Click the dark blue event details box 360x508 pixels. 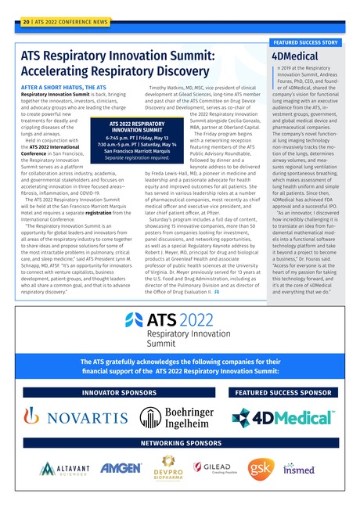pyautogui.click(x=138, y=140)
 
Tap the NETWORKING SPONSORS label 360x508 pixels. pyautogui.click(x=179, y=442)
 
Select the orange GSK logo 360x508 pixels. pyautogui.click(x=261, y=467)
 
